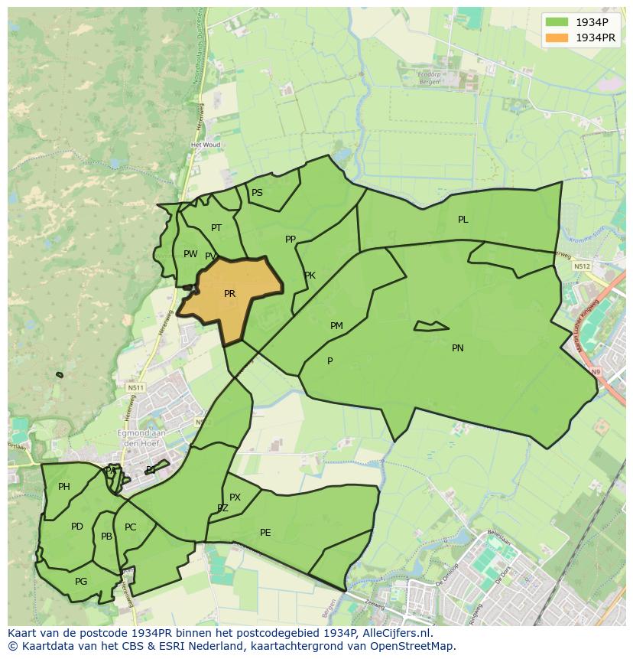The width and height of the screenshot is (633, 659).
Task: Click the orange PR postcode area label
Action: tap(229, 294)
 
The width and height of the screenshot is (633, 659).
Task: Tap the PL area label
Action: tap(463, 220)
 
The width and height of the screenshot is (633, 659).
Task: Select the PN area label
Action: tap(457, 348)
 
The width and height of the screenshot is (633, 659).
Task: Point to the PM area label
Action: tap(336, 326)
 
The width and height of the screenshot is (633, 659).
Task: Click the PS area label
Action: tap(257, 193)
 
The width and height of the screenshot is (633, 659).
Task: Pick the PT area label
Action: tap(216, 228)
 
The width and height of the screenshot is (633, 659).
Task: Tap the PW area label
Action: tap(190, 254)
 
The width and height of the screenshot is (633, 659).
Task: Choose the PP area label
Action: tap(291, 240)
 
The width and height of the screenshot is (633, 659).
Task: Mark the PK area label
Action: tap(310, 276)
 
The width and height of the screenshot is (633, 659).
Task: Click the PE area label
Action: tap(265, 533)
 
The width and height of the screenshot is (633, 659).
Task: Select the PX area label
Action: tap(235, 498)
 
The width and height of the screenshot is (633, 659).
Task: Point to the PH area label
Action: tap(64, 487)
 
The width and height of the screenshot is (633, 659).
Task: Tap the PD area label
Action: tap(77, 527)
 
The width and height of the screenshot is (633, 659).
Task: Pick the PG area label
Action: tap(81, 582)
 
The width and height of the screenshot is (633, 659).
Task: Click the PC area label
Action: tap(130, 527)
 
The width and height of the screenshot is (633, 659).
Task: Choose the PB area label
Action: tap(106, 537)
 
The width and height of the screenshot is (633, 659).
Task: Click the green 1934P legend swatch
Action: tap(557, 22)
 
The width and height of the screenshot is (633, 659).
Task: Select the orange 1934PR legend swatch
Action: tap(557, 38)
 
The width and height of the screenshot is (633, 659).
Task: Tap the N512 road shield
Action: tap(583, 266)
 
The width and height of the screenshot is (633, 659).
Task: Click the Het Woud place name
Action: tap(206, 145)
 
